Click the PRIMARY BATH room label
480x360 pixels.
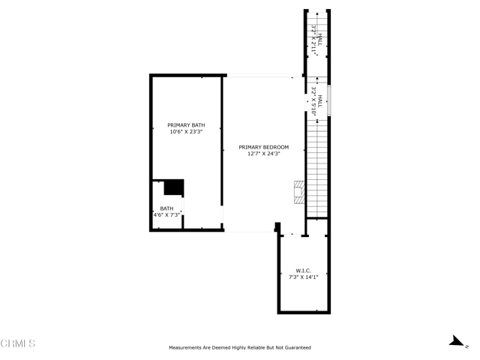coord(186,125)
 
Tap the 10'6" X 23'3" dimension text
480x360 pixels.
coord(186,132)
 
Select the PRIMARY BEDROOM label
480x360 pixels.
coord(263,147)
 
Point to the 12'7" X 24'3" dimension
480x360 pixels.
coord(263,154)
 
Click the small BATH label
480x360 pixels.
coord(166,208)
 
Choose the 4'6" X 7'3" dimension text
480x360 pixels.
coord(166,215)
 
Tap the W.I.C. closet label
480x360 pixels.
coord(304,271)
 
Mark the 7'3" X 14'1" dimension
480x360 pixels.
coord(304,277)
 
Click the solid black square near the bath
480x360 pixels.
coord(174,187)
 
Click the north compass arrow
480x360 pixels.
coord(455,342)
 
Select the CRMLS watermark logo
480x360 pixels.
coord(18,343)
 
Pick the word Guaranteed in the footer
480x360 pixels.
coord(295,348)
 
